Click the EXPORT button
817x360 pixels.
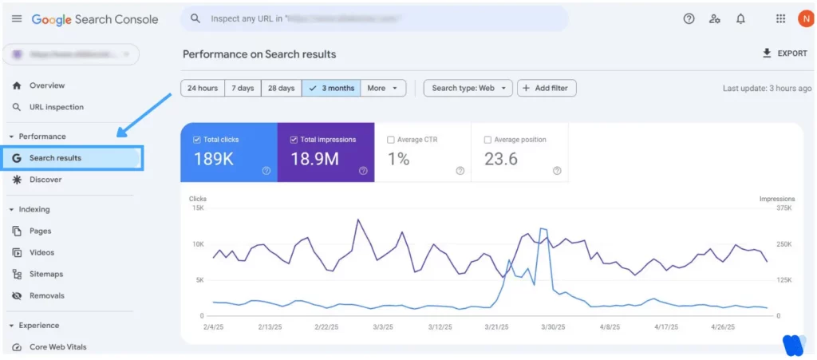click(785, 53)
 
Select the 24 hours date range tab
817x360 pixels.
click(203, 88)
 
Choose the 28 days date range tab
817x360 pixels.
click(281, 88)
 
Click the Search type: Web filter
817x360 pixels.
click(468, 88)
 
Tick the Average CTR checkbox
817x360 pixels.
click(391, 140)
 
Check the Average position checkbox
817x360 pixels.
click(488, 140)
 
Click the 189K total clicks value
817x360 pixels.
click(214, 159)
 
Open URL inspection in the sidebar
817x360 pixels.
click(56, 107)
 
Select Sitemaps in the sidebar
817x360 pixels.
click(45, 274)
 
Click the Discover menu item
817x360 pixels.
click(45, 180)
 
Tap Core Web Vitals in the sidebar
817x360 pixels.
click(57, 347)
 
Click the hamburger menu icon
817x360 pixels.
click(16, 19)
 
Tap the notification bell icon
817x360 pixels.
click(741, 19)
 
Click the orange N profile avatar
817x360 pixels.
click(805, 19)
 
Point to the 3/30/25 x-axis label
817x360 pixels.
click(552, 327)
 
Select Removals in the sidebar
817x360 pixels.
click(46, 295)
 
